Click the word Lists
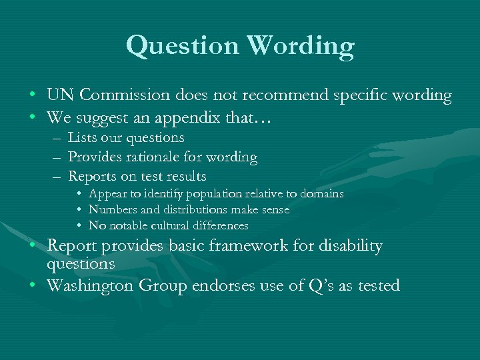83,138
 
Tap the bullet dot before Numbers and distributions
79,211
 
